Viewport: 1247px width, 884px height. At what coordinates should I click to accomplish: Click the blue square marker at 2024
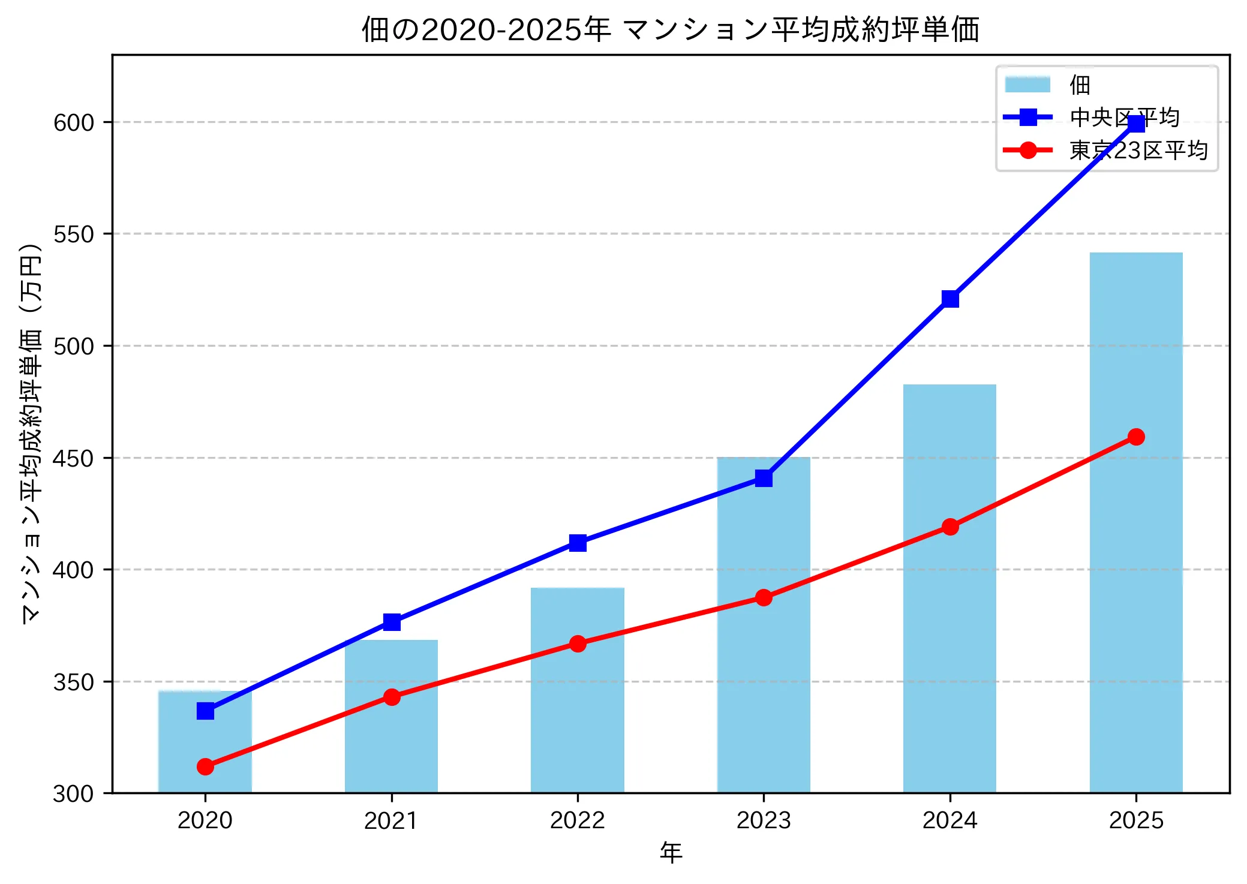pos(950,299)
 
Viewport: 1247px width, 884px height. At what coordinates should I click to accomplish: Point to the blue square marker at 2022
pos(578,543)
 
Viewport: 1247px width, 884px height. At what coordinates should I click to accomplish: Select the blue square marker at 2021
pos(392,622)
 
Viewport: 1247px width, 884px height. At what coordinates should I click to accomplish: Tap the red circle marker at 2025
pos(1136,437)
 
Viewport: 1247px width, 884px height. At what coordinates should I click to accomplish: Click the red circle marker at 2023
pos(764,597)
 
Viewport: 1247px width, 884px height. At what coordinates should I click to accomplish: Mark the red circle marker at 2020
pos(205,766)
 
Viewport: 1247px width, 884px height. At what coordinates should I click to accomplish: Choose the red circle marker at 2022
pos(578,644)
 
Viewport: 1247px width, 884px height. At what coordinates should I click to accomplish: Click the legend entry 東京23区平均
pos(1138,151)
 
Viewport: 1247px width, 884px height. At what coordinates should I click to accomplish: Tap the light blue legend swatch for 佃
pos(1027,85)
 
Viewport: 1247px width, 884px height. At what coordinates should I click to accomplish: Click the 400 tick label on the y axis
pos(74,570)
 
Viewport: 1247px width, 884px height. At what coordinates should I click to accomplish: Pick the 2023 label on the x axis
pos(764,820)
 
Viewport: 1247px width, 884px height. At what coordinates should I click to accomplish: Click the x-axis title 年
pos(671,853)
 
